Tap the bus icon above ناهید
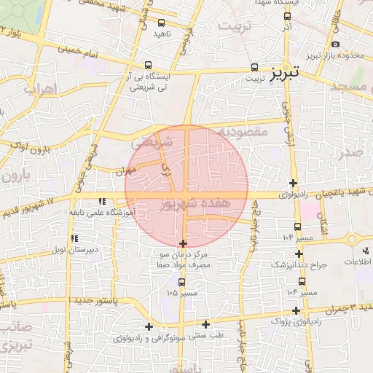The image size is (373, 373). tap(160, 23)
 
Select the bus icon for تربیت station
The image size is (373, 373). tap(254, 65)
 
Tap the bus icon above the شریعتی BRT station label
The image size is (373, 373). tap(149, 65)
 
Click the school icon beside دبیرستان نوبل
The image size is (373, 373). tap(74, 238)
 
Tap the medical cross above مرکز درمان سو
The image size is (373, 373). tap(183, 243)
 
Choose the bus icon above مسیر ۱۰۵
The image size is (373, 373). tap(181, 282)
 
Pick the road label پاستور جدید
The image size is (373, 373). tap(44, 300)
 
